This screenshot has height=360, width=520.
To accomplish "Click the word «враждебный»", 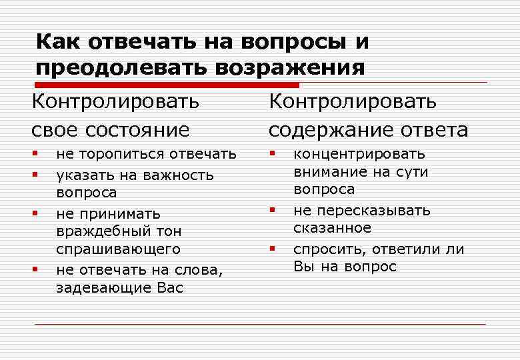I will coord(107,231).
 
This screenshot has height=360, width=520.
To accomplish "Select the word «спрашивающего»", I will coord(119,249).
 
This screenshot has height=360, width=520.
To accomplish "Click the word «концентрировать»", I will coord(359,155).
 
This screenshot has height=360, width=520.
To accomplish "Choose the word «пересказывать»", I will coord(373,211).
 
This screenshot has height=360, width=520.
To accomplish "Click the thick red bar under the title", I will coord(167,85).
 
